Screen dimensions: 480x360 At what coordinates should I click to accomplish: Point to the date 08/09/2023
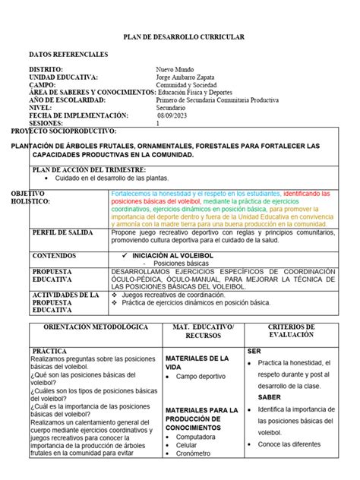point(175,115)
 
